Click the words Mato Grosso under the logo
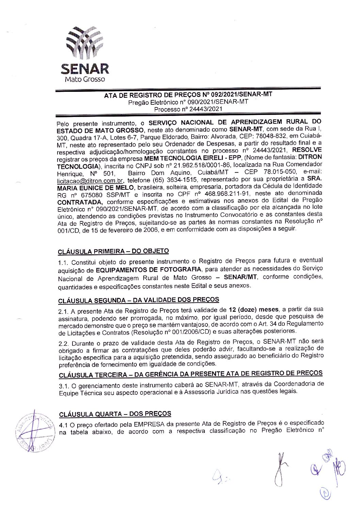[x=85, y=79]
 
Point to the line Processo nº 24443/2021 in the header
[x=188, y=109]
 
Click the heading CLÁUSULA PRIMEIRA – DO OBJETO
[x=113, y=252]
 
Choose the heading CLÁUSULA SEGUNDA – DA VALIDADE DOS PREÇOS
[x=138, y=300]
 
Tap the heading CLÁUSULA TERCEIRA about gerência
[x=191, y=374]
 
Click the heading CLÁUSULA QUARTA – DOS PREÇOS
[x=115, y=414]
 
